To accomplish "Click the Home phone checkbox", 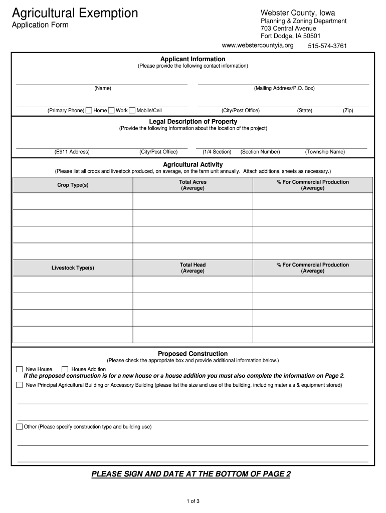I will pos(89,111).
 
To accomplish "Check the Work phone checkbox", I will pos(111,111).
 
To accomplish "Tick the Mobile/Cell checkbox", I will pos(132,111).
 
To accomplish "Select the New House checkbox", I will pos(20,369).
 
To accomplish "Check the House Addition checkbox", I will pos(65,369).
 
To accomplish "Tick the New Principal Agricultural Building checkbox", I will pos(20,385).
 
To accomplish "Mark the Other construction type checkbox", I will pos(20,427).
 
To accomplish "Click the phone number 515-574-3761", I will pos(327,46).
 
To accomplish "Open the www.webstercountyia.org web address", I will pos(258,46).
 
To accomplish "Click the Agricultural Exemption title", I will pos(75,13).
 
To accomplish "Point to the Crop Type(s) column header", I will pos(73,185).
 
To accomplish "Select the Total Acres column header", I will pos(192,185).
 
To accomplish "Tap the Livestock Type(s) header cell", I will pos(73,268).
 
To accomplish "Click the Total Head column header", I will pos(192,268).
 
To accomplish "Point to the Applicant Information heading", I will pos(192,59).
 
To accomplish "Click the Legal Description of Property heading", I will pos(193,122).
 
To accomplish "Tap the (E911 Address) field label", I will pos(72,152).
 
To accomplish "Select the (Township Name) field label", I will pos(325,152).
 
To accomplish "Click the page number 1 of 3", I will pos(193,501).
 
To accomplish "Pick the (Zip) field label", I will pos(348,111).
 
